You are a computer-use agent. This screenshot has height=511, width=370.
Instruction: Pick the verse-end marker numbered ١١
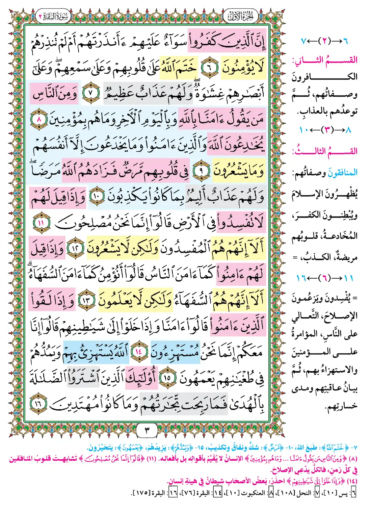click(x=42, y=223)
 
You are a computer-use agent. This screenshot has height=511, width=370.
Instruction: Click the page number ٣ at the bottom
click(x=147, y=430)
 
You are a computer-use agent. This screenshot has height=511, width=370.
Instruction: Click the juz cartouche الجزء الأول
click(x=240, y=16)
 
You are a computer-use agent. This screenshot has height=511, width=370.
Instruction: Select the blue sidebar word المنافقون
click(x=342, y=173)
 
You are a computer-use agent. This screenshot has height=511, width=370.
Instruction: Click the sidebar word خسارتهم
click(x=341, y=406)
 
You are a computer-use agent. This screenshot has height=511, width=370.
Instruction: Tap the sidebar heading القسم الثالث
click(x=324, y=151)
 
